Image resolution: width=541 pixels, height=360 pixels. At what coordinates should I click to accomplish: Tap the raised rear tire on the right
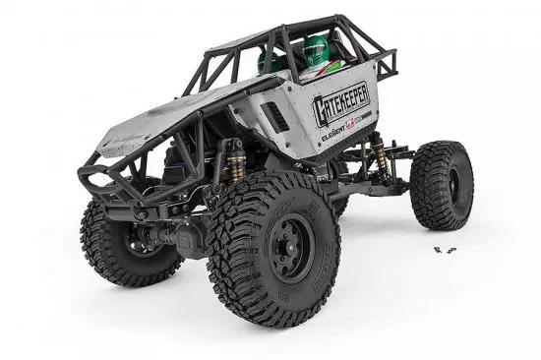click(x=442, y=184)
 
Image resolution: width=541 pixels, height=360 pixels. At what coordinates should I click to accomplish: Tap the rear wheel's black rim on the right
click(x=453, y=184)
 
